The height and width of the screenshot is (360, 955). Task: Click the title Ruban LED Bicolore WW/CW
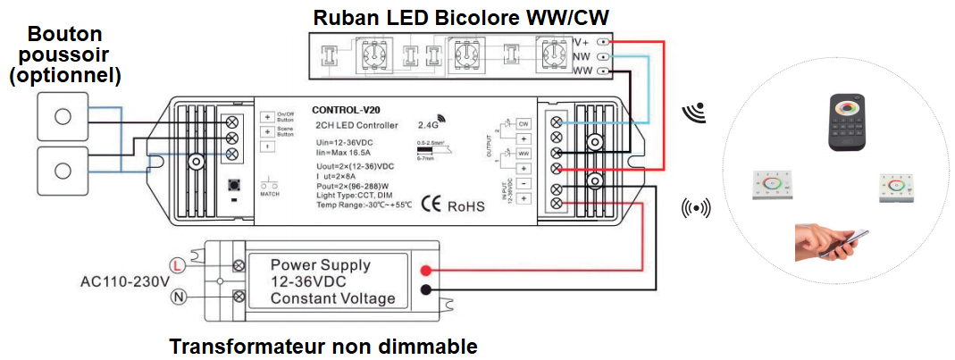click(x=460, y=17)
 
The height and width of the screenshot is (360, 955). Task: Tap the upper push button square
click(x=63, y=117)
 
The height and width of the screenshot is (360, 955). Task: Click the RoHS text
click(x=466, y=206)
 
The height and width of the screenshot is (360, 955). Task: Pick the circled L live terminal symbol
click(x=179, y=265)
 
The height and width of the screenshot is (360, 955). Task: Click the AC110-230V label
click(x=124, y=281)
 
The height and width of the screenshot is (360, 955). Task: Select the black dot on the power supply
click(x=428, y=289)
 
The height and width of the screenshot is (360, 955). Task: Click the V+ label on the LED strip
click(x=582, y=41)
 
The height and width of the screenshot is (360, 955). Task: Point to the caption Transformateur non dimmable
click(x=323, y=347)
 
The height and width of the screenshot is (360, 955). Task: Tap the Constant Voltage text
click(x=333, y=297)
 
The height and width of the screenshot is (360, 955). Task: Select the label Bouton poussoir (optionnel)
click(x=64, y=55)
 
